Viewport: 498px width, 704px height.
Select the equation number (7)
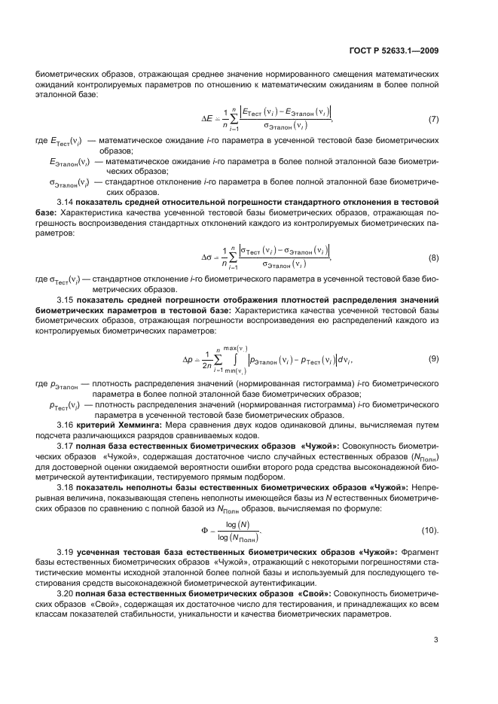(433, 120)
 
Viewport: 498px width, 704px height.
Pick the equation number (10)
(432, 530)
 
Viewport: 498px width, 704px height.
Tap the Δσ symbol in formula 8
(209, 257)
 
